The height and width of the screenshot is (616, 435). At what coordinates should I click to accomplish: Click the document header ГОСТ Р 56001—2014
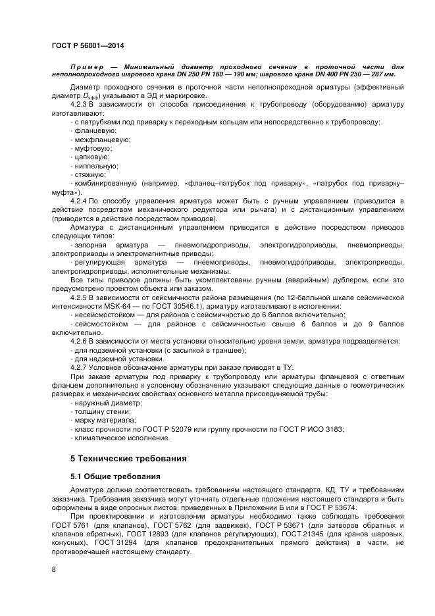pyautogui.click(x=88, y=45)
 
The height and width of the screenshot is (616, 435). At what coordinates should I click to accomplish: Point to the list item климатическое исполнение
pyautogui.click(x=116, y=438)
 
